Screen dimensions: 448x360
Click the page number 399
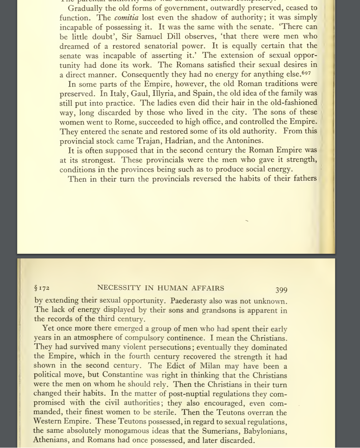coord(281,290)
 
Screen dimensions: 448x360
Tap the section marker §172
coord(42,288)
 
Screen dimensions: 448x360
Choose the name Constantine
coord(123,375)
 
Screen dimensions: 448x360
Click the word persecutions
coord(168,347)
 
